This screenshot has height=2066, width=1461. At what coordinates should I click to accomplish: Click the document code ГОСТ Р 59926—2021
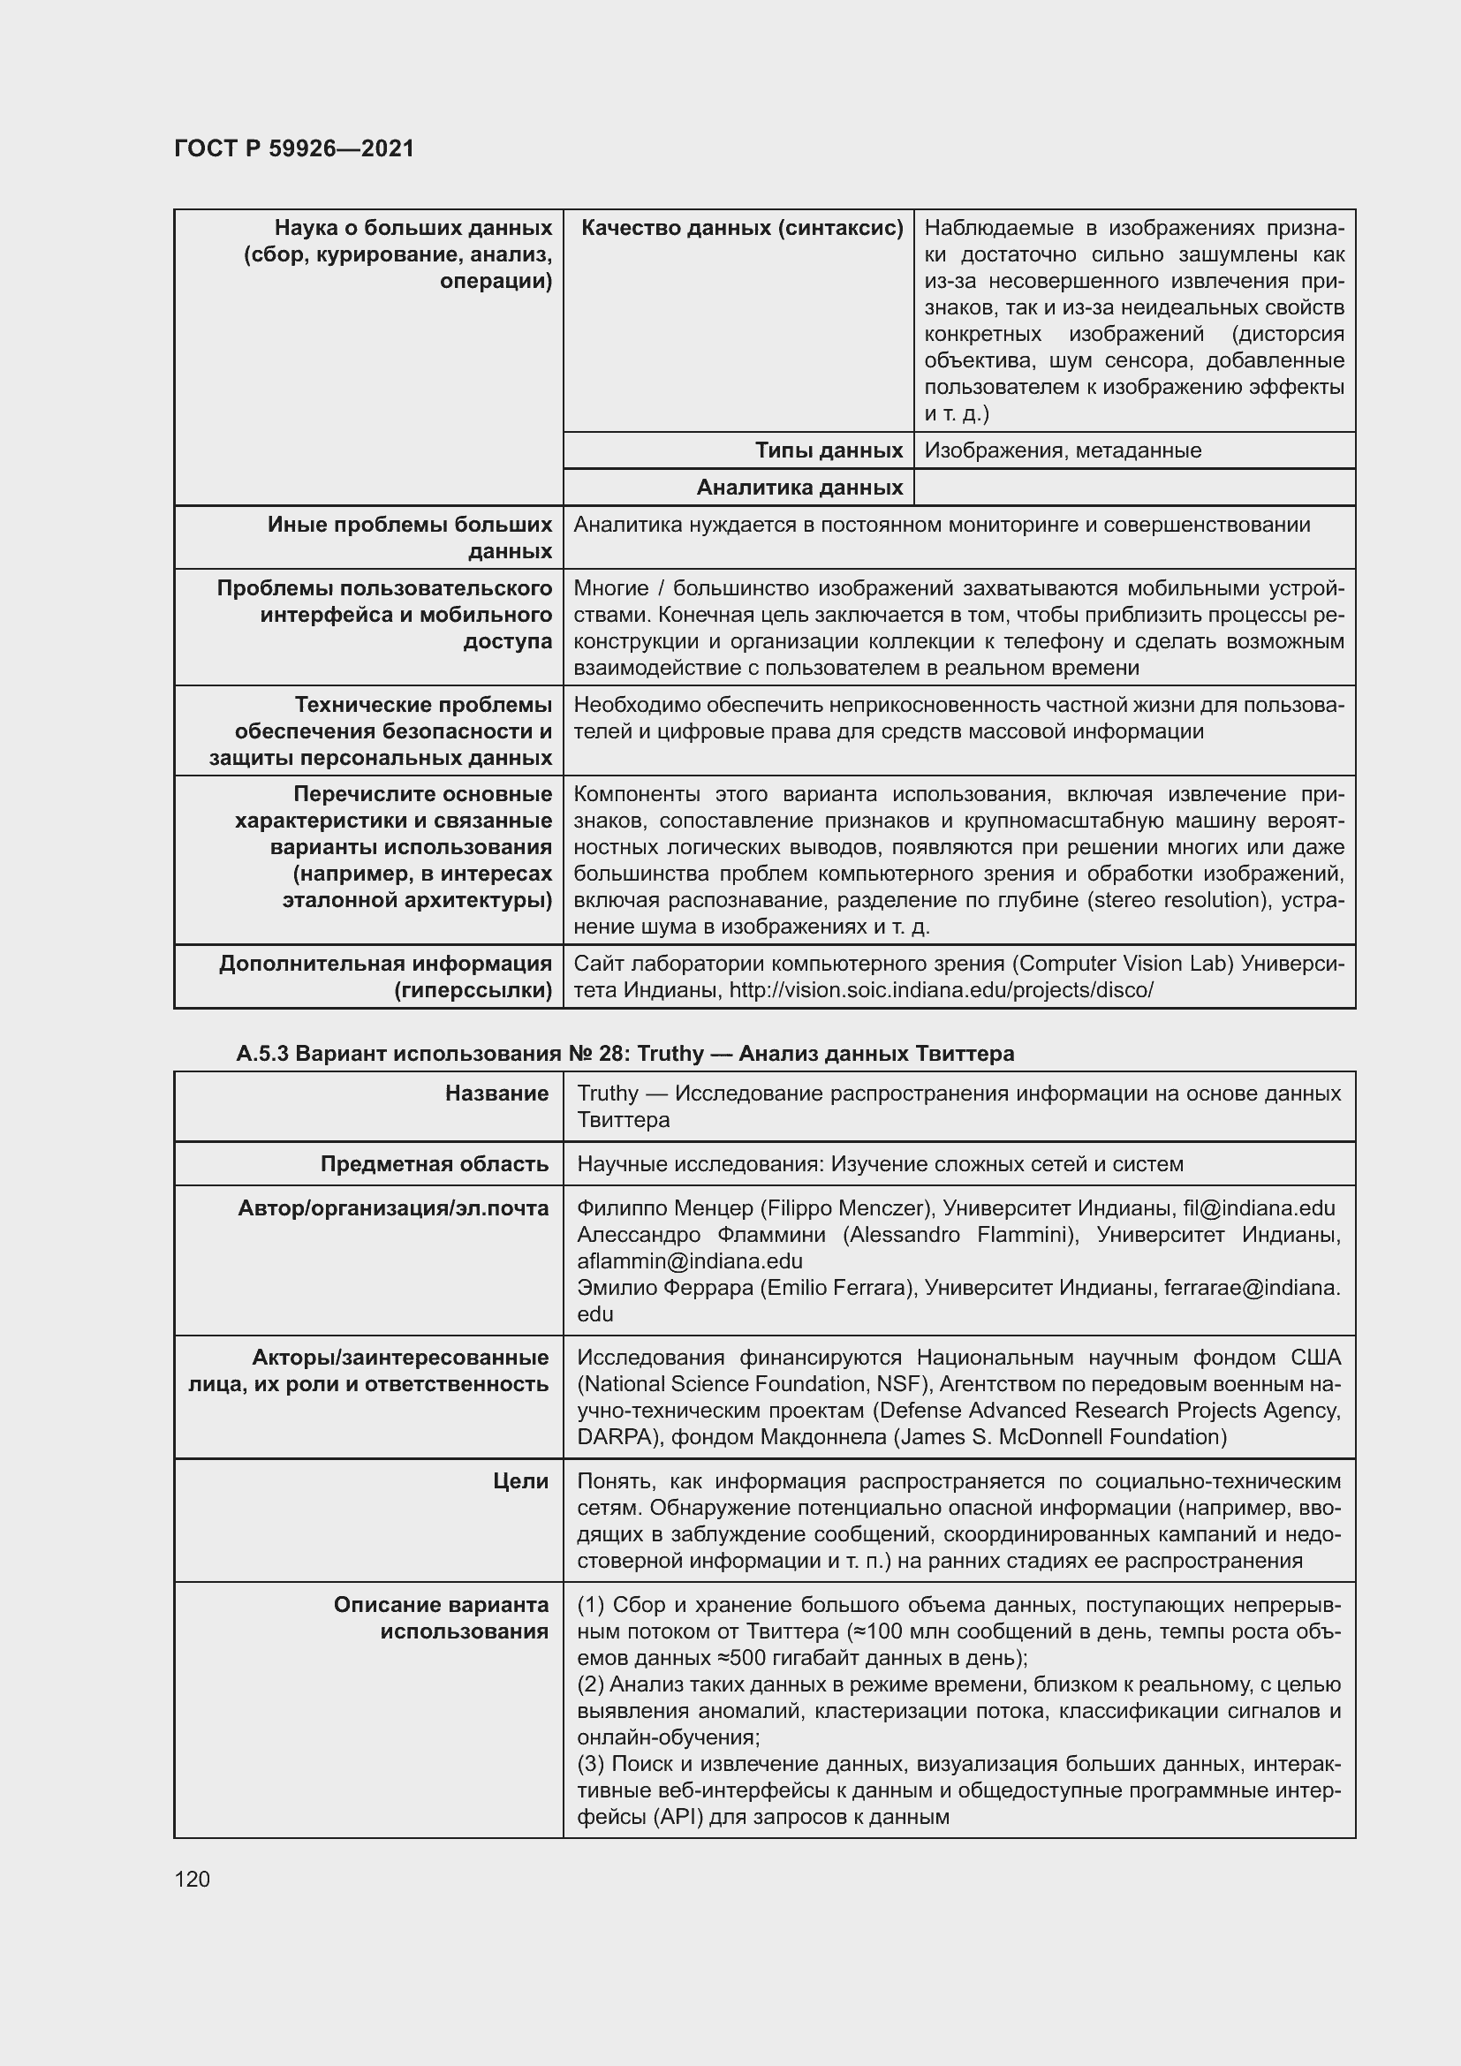(294, 148)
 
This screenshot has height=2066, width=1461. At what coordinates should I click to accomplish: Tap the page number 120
(192, 1880)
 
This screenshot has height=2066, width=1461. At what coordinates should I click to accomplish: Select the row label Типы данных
(828, 450)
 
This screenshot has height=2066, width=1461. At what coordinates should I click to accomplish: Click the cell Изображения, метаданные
(1063, 450)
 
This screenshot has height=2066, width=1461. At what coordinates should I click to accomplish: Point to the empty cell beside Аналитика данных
(1133, 488)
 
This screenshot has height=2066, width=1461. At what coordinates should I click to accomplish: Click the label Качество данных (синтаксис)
(741, 228)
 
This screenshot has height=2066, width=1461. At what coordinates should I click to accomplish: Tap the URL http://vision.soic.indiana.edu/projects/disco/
(941, 990)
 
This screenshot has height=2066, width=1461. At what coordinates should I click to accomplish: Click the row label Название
(496, 1094)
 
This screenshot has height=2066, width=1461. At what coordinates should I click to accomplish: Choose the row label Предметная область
(435, 1164)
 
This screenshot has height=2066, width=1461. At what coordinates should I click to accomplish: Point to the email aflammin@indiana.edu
(689, 1260)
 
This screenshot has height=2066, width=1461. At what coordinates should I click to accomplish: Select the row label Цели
(520, 1481)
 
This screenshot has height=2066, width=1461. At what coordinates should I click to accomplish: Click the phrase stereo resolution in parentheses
(1171, 901)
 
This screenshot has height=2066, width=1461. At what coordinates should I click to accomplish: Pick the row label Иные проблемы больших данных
(410, 537)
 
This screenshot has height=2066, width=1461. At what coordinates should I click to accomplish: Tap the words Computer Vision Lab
(1124, 964)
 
